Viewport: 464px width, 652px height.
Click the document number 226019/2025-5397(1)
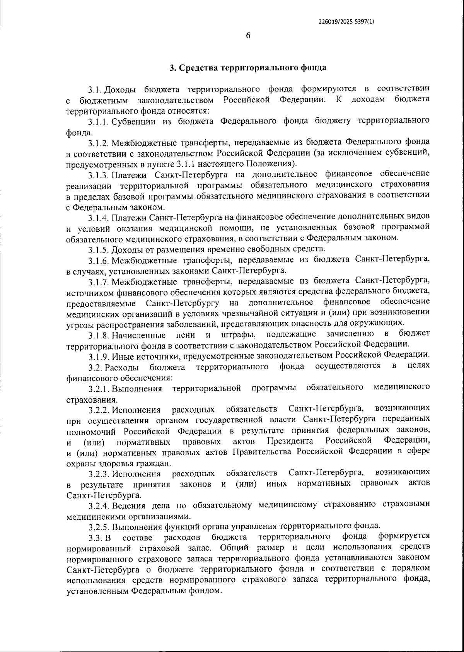pyautogui.click(x=346, y=22)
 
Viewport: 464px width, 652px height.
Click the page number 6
pyautogui.click(x=248, y=36)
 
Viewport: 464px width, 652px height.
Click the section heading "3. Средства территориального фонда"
pyautogui.click(x=248, y=68)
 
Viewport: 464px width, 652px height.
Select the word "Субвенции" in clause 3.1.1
pyautogui.click(x=134, y=121)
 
